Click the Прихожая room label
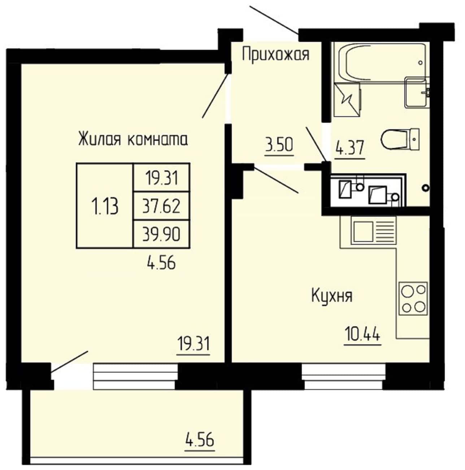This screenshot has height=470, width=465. (275, 54)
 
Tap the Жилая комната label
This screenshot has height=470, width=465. (133, 139)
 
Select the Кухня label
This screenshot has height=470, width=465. (331, 296)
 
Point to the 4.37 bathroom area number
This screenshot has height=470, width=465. (349, 148)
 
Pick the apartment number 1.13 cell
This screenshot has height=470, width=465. (105, 206)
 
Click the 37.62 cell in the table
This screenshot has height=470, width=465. (161, 206)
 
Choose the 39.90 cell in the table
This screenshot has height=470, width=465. (161, 234)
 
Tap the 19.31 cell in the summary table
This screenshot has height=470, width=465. (161, 177)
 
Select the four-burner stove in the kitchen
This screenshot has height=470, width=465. (413, 299)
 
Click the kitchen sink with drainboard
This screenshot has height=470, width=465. (374, 232)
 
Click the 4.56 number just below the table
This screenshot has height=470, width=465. (161, 263)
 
